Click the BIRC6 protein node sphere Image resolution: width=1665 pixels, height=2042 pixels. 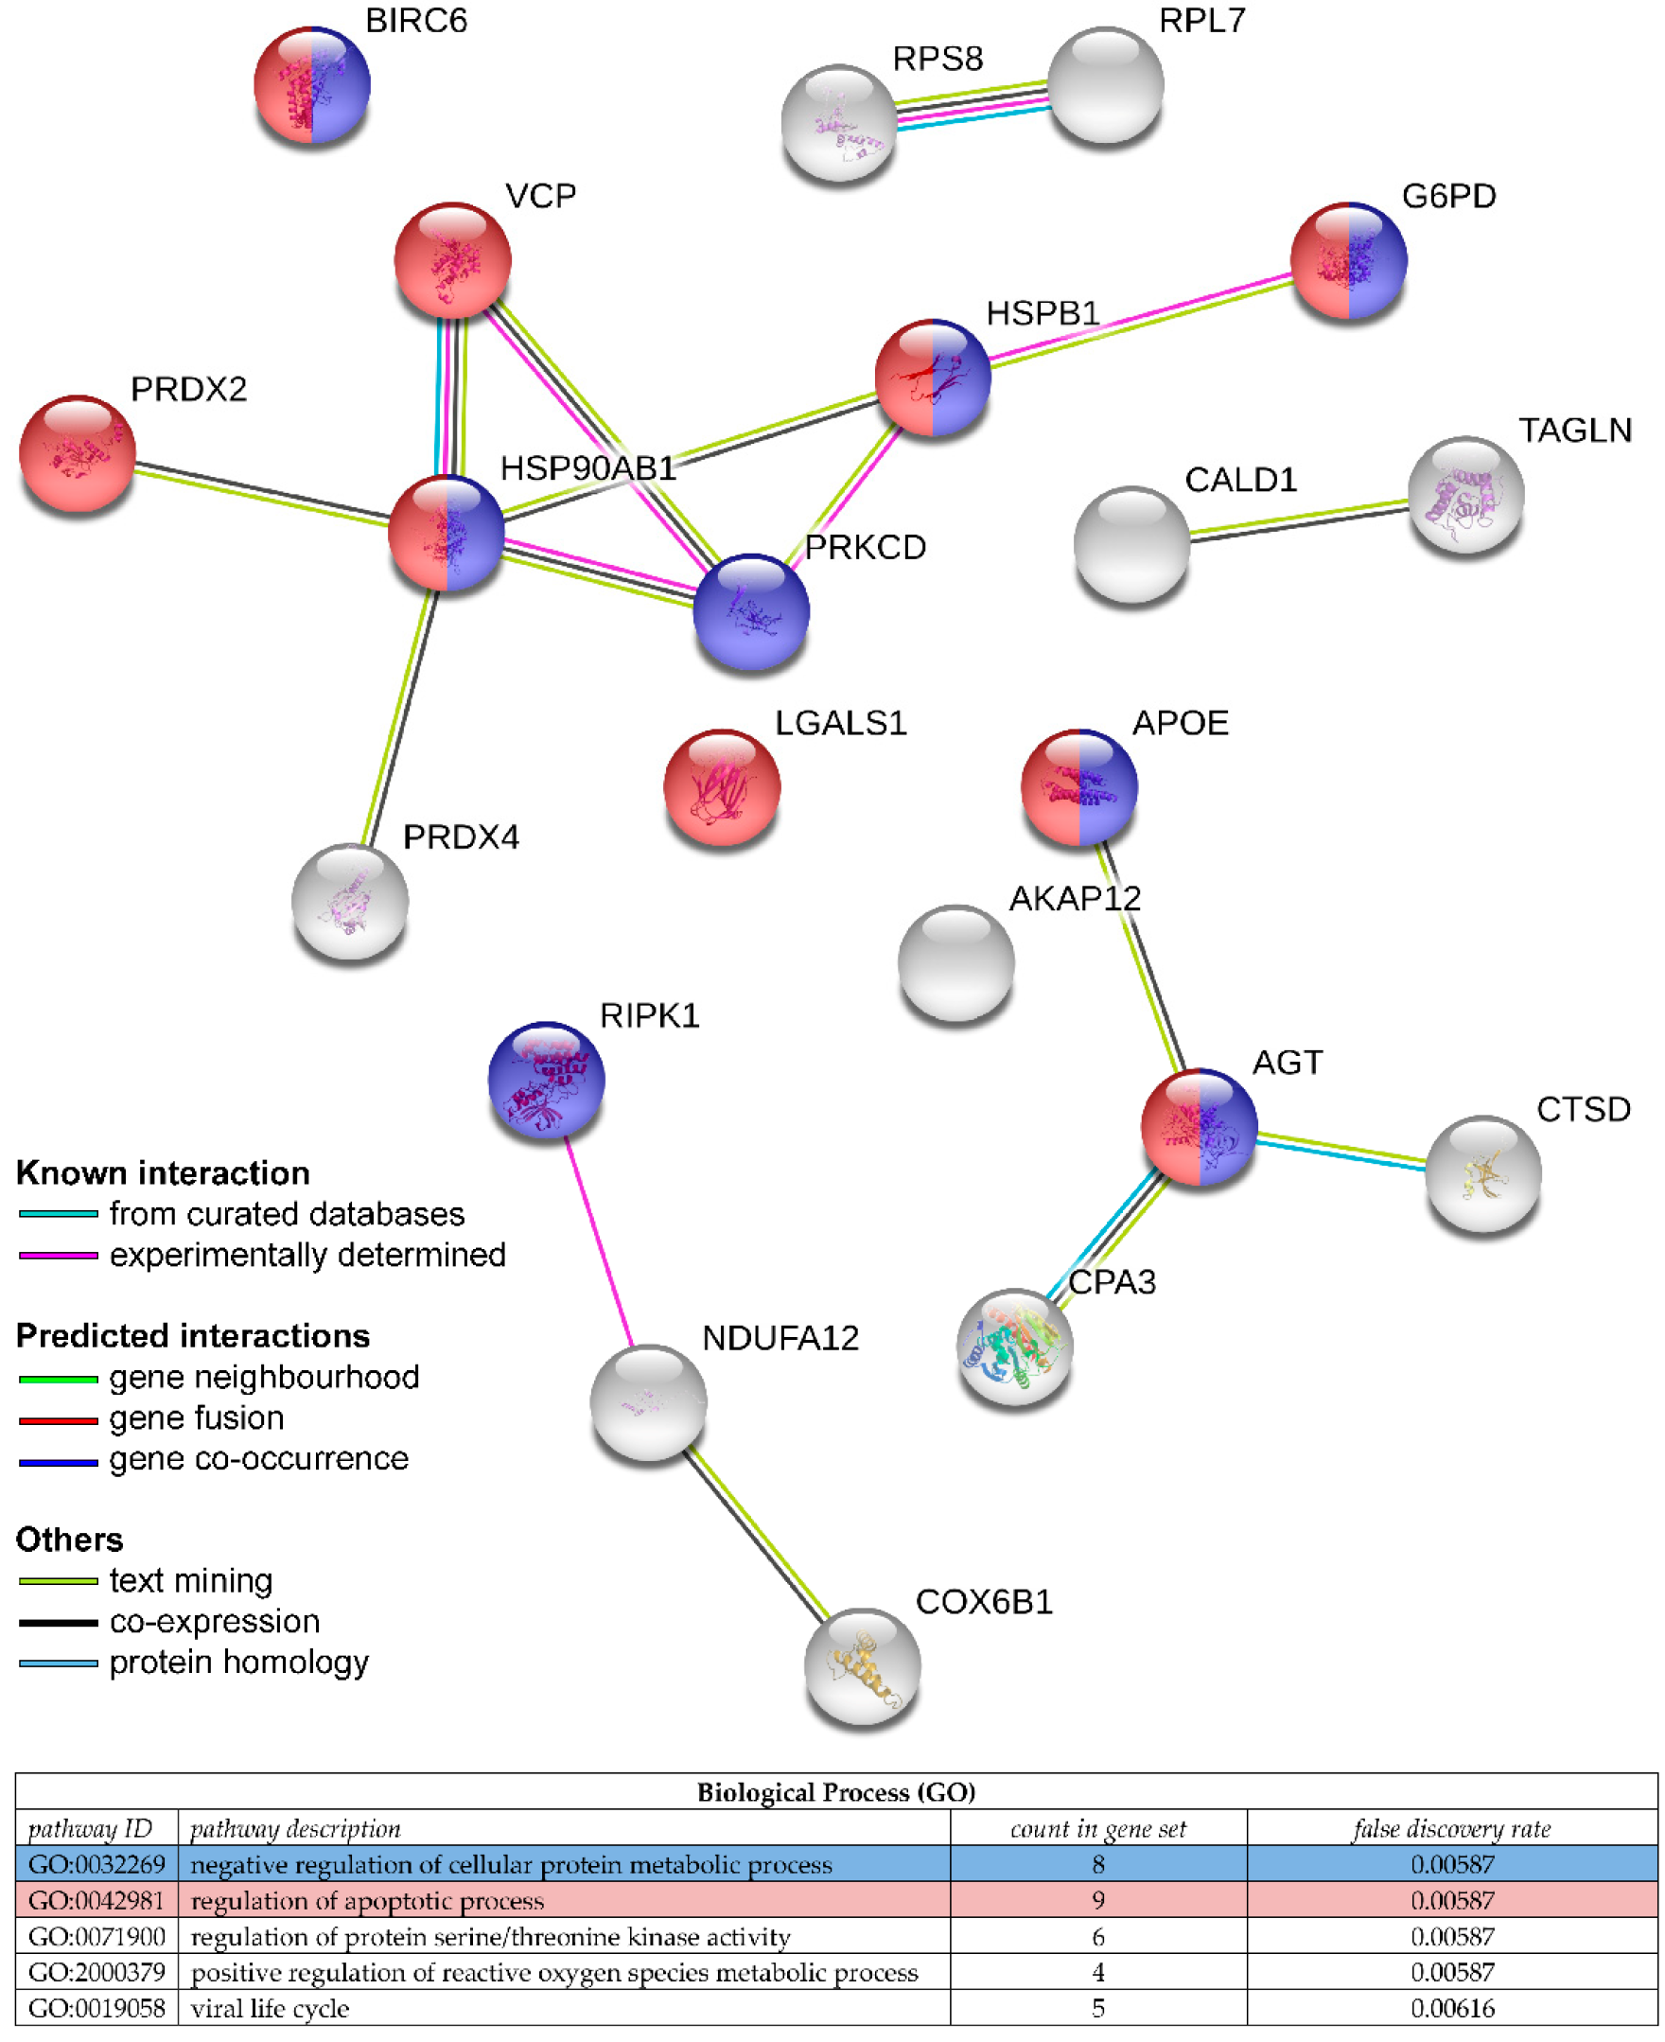[x=311, y=85]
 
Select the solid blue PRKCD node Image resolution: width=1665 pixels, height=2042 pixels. [x=751, y=611]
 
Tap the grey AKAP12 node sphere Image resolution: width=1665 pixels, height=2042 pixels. [x=955, y=962]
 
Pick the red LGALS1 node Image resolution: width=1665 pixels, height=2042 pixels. [x=721, y=786]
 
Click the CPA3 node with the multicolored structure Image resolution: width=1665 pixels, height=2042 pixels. [x=1015, y=1346]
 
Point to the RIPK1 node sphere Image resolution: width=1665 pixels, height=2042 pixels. [x=546, y=1079]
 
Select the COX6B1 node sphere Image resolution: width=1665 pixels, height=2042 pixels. [x=861, y=1666]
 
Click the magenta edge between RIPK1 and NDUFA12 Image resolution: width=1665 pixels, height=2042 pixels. [x=599, y=1241]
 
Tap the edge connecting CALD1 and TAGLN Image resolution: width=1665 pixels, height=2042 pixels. [x=1299, y=519]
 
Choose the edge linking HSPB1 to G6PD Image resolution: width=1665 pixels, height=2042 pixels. [x=1141, y=320]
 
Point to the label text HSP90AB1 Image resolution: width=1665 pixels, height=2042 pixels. [x=587, y=468]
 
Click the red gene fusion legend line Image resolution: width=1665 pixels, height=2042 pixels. [x=59, y=1419]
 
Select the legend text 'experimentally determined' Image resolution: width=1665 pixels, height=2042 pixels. [x=307, y=1255]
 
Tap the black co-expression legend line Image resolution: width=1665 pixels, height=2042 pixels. [x=59, y=1623]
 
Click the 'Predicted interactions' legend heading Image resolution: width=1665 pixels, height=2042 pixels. [x=193, y=1335]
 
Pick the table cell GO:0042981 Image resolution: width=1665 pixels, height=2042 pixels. [x=96, y=1900]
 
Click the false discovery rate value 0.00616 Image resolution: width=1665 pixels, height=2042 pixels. [x=1451, y=2008]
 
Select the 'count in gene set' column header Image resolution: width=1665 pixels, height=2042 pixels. [x=1097, y=1829]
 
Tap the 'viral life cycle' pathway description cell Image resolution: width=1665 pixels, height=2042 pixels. [x=271, y=2008]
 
